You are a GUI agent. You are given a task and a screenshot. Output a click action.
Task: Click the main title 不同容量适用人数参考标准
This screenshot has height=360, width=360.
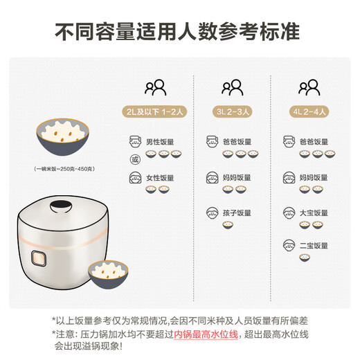tap(180, 33)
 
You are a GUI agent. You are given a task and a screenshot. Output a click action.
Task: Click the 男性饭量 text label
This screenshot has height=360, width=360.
tap(159, 143)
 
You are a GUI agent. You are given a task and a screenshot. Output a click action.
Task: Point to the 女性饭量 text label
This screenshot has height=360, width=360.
tap(159, 178)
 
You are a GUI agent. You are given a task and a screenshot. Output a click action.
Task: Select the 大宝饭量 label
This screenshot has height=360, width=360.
tap(313, 213)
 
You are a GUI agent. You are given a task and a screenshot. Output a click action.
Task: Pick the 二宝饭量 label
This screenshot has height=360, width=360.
tap(313, 244)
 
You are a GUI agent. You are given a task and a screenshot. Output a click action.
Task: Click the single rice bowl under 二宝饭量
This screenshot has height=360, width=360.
tap(304, 258)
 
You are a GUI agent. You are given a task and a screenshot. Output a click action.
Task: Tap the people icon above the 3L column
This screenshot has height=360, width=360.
tap(232, 88)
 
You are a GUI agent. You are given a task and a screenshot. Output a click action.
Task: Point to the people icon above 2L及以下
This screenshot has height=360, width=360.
tap(155, 88)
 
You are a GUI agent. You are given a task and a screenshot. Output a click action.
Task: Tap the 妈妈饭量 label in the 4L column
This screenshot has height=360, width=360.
tap(313, 178)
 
